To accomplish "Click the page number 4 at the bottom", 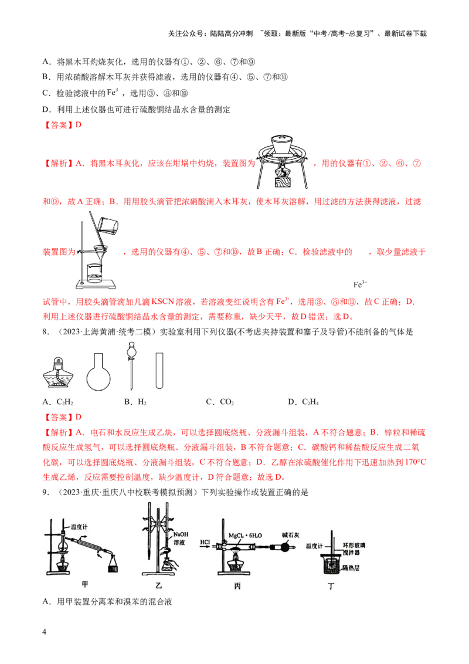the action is (45, 631).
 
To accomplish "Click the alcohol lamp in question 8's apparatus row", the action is (59, 372).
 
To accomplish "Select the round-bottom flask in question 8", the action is (98, 371).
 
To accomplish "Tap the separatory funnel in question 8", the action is (131, 367).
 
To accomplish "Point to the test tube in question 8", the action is (159, 371).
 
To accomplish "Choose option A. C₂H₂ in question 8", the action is (58, 402).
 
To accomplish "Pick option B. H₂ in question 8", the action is (135, 402).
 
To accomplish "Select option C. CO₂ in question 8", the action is (220, 402).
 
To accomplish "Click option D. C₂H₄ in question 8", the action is (304, 402).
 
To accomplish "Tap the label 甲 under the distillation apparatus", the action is (84, 584).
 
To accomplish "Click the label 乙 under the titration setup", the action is (158, 585).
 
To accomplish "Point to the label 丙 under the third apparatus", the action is (237, 585).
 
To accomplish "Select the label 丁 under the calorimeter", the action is (331, 586).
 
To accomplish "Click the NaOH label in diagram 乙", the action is (181, 534).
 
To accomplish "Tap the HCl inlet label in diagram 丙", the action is (205, 542).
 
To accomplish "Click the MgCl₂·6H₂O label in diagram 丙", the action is (245, 536).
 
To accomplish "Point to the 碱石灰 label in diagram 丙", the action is (291, 536).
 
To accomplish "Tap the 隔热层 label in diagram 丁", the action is (351, 568).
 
